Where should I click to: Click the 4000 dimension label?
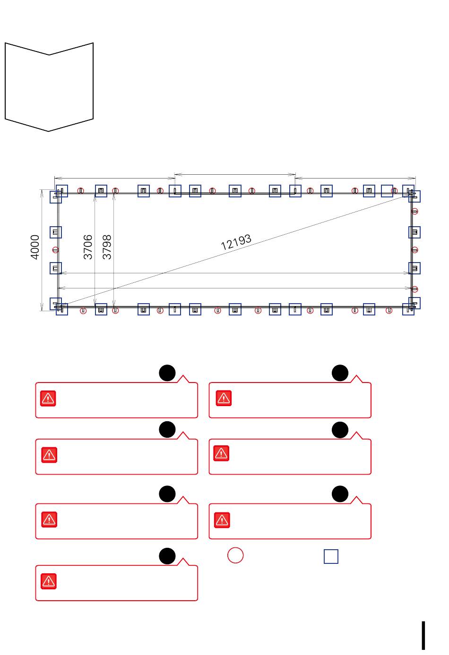(x=35, y=247)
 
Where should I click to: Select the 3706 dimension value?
(x=88, y=247)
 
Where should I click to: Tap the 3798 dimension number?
(x=107, y=247)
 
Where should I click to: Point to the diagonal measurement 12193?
(x=236, y=242)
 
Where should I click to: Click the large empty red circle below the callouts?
(x=235, y=555)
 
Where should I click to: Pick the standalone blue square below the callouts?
(x=331, y=556)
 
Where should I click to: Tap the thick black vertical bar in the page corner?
(x=423, y=636)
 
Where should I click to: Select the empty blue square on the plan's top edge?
(x=387, y=191)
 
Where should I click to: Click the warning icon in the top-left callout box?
(x=48, y=398)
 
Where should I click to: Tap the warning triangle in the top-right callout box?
(x=224, y=398)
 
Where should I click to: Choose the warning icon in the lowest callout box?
(x=49, y=581)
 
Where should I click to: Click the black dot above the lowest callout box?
(x=167, y=556)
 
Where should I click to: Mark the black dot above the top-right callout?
(x=340, y=373)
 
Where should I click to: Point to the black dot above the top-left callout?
(x=167, y=373)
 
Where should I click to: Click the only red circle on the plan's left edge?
(x=55, y=250)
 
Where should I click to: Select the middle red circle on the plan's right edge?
(x=414, y=250)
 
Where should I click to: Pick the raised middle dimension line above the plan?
(x=235, y=175)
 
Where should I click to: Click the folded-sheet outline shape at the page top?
(x=5, y=82)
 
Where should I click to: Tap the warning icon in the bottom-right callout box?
(x=222, y=520)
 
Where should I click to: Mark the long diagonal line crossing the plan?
(x=235, y=251)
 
